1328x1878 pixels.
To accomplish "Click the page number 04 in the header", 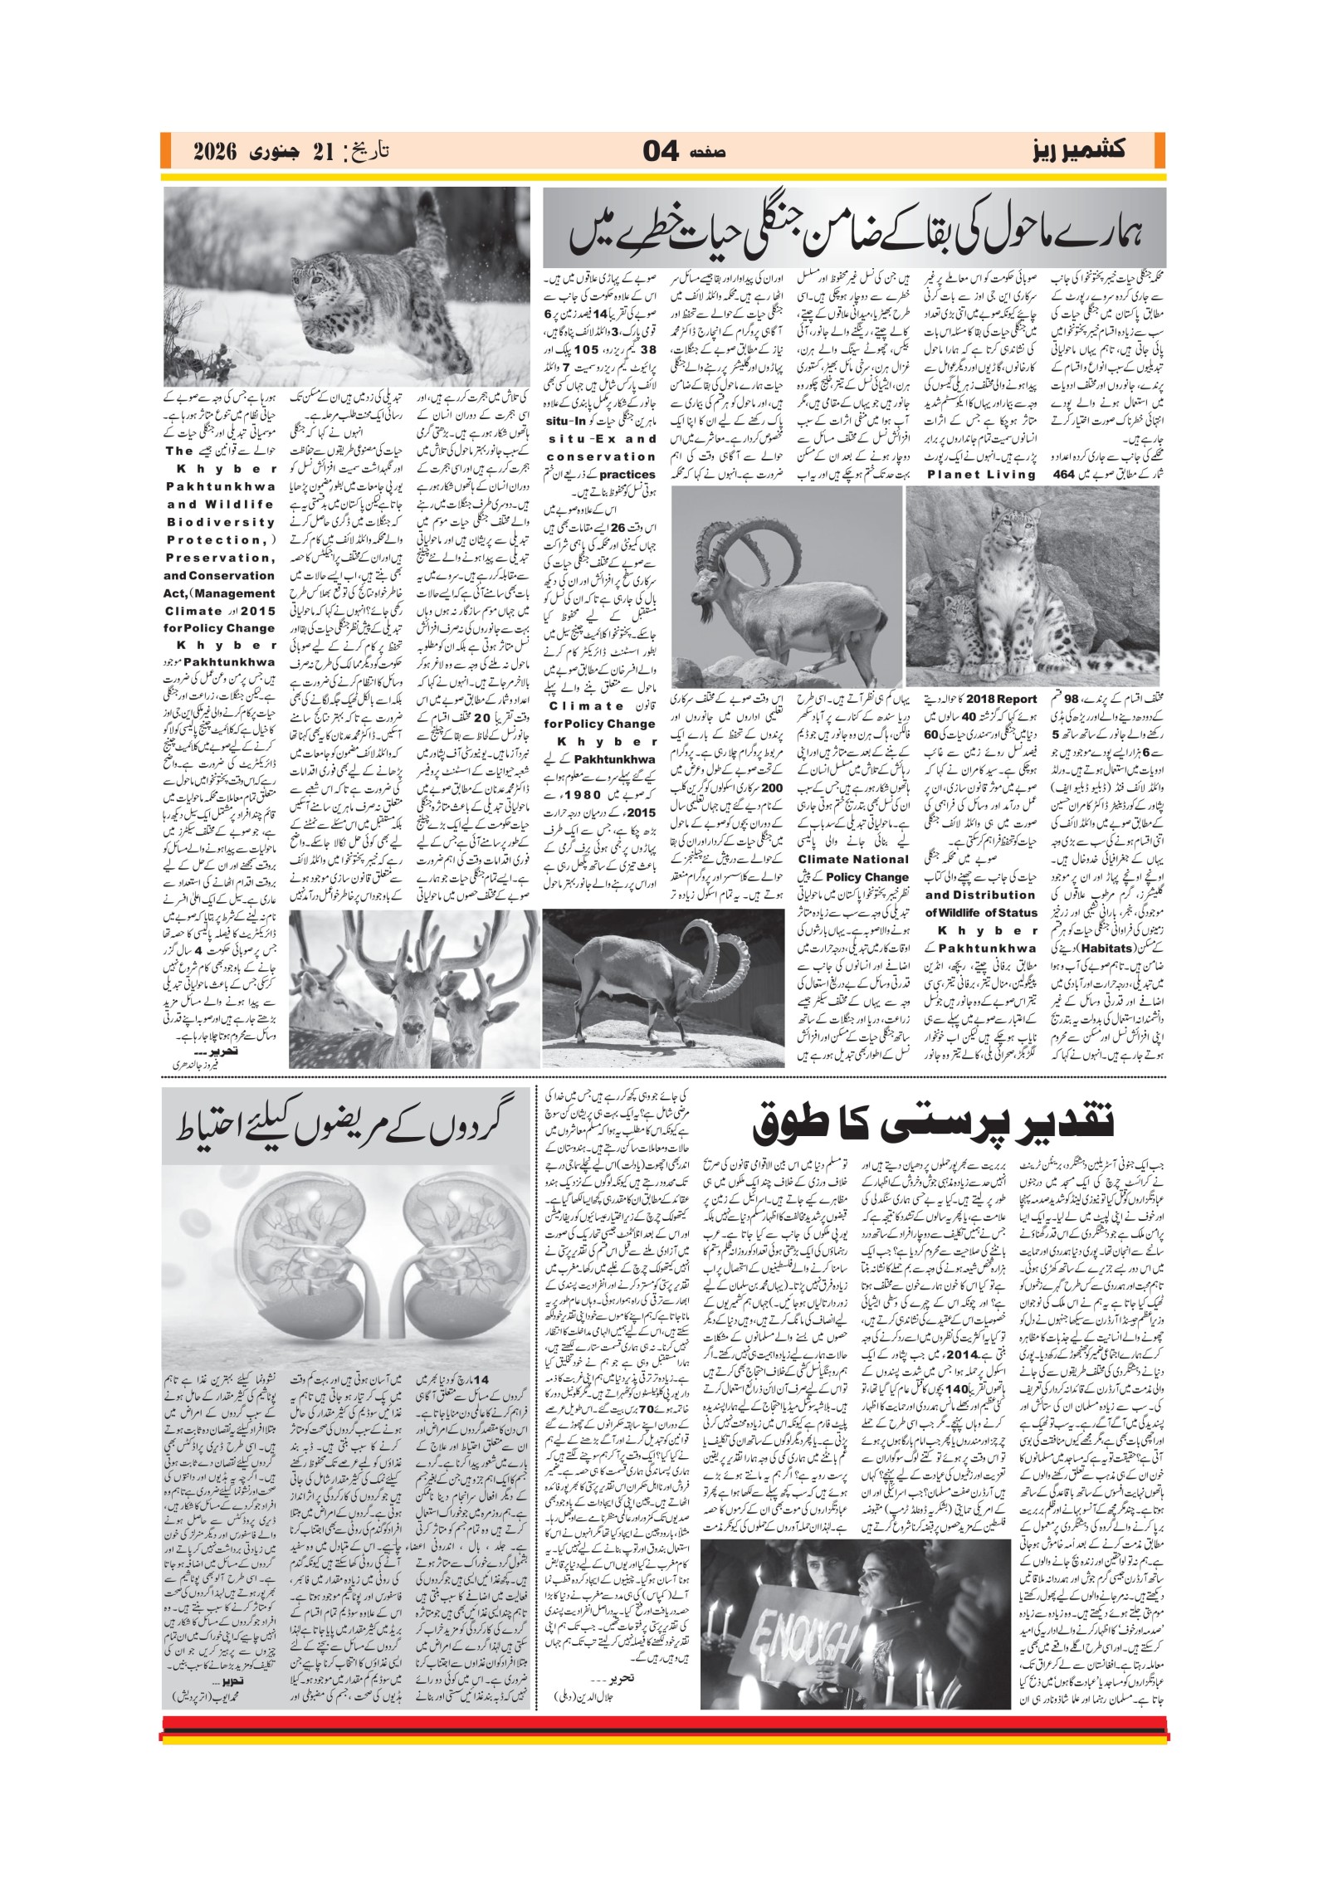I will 661,152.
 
